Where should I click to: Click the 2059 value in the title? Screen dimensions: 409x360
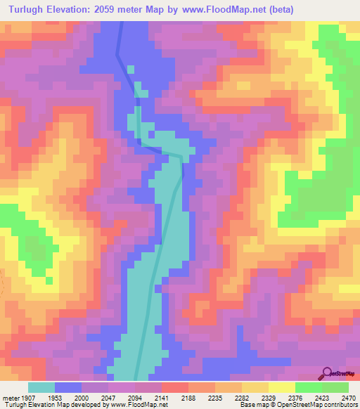(x=105, y=9)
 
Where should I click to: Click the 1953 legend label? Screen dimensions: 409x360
(x=65, y=397)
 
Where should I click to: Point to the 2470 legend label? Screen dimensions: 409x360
(x=347, y=397)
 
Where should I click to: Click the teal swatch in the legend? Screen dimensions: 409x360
(x=41, y=387)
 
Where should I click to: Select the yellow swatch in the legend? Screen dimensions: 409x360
(x=281, y=387)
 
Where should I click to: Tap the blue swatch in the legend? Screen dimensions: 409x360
(x=68, y=387)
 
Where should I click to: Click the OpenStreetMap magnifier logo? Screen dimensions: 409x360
(x=326, y=374)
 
